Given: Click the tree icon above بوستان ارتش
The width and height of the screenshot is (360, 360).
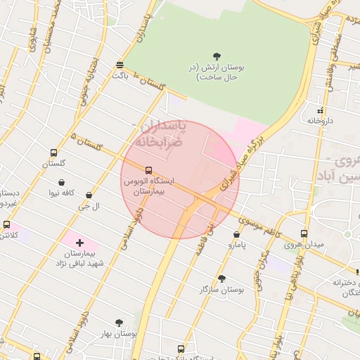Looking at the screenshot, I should (217, 56).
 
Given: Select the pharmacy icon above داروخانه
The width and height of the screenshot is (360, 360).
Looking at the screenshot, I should (321, 110).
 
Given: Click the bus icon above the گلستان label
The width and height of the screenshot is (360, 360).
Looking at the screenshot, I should (53, 153).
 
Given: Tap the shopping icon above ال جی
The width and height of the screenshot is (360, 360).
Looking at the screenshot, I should (89, 195).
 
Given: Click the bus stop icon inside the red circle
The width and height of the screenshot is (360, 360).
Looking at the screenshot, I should (148, 170).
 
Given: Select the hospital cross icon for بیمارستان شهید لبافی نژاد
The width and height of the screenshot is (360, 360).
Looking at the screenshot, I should (79, 242).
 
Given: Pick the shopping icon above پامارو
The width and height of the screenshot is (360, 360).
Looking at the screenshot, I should (236, 234).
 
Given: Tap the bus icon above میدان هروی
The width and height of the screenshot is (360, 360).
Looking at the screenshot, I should (304, 233).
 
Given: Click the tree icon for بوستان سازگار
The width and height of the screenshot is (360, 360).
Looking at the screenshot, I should (221, 278).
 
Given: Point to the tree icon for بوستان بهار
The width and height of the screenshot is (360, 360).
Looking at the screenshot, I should (119, 323).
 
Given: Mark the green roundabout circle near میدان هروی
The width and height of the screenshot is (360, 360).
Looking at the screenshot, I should (347, 234).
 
